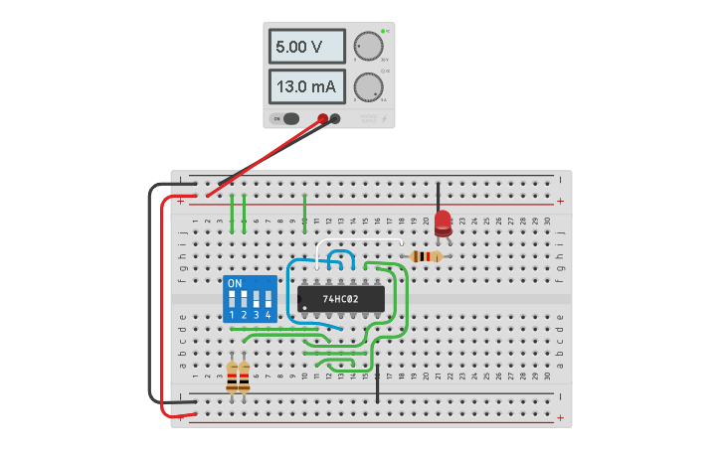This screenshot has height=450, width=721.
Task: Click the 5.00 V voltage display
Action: pos(306,47)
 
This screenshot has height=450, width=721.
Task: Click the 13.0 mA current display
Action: pos(306,86)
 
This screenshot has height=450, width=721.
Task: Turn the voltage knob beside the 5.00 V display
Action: pos(368,47)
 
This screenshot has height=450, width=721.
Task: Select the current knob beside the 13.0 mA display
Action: pos(368,86)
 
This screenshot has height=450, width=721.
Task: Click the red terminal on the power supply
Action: pos(323,119)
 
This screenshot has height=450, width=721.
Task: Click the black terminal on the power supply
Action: pos(335,119)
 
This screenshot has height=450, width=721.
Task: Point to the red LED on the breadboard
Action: pos(443,223)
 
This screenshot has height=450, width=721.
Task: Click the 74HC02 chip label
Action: pos(340,298)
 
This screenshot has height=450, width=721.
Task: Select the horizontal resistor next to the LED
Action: pos(427,256)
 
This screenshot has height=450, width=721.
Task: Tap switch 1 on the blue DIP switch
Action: pos(233,300)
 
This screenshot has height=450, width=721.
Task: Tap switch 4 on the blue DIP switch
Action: pos(268,300)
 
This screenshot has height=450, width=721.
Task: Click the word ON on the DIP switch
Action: pos(235,283)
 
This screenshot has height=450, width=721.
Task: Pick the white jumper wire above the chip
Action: pos(358,241)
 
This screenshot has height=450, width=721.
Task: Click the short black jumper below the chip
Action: pos(377,382)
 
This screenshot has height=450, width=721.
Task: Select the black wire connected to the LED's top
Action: pos(438,196)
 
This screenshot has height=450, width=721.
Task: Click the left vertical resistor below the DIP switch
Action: pos(233,375)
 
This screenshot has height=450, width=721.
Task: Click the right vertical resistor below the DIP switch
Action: pos(244,375)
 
